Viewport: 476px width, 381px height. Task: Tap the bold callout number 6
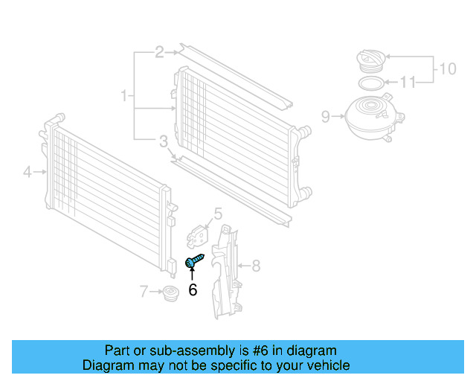tap(193, 290)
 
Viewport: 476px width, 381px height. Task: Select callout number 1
tap(124, 95)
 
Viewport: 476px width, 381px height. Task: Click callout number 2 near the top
tap(159, 52)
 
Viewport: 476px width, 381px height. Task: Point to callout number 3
tap(163, 141)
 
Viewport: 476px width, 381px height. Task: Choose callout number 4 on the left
tap(28, 173)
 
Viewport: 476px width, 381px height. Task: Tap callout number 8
tap(255, 265)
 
